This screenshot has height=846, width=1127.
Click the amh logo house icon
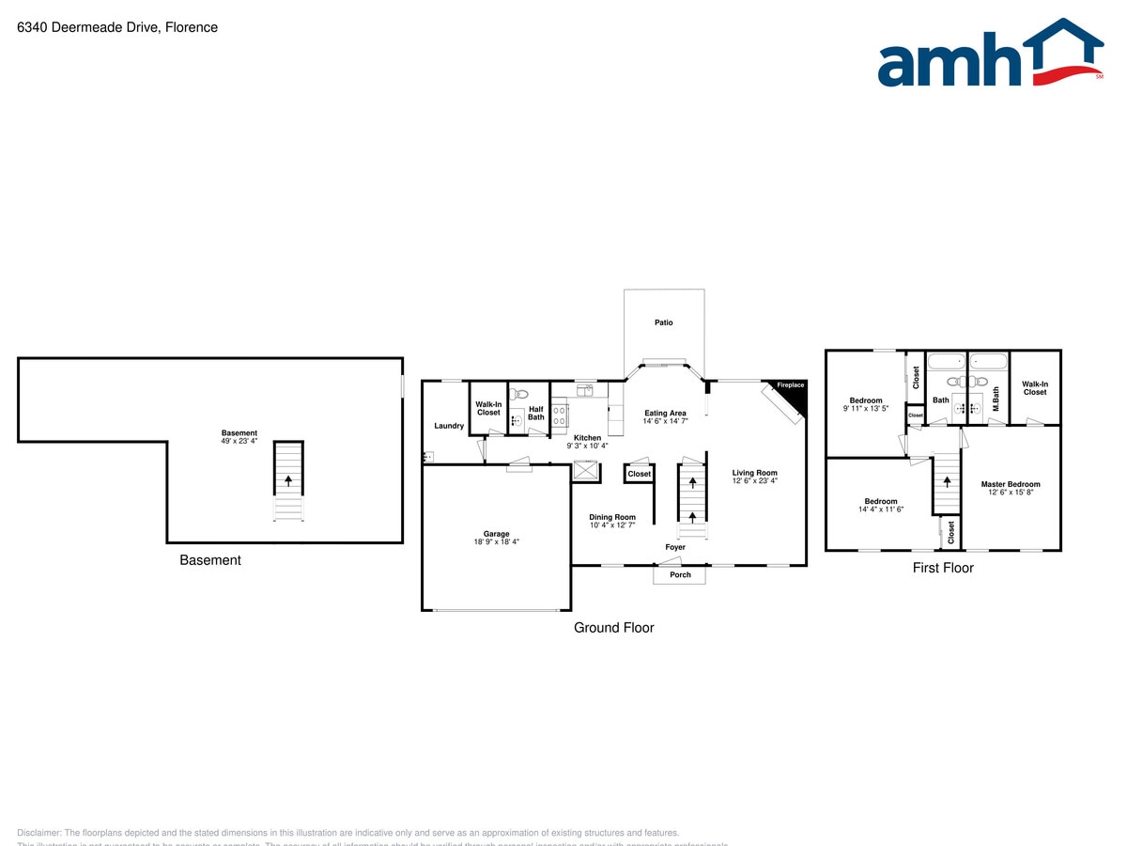tap(1063, 51)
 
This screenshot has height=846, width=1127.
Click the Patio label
tap(664, 322)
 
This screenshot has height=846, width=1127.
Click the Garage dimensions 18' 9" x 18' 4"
tap(496, 542)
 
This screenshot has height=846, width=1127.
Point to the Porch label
tap(679, 575)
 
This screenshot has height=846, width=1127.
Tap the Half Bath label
tap(536, 414)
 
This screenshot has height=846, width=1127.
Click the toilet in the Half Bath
tap(522, 395)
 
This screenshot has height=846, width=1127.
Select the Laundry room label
tap(449, 426)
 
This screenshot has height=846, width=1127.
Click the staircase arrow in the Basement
tap(288, 479)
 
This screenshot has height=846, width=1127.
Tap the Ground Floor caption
tap(614, 628)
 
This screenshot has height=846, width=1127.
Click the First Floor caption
tap(943, 568)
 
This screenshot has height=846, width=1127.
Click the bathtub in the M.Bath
tap(987, 361)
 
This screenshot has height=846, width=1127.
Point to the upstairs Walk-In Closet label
tap(1035, 388)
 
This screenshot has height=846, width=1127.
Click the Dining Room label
tap(612, 517)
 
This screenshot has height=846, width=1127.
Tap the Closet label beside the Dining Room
tap(640, 474)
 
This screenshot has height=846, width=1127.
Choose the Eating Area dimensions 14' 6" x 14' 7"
tap(666, 422)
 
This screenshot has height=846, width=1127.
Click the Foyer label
tap(675, 547)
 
